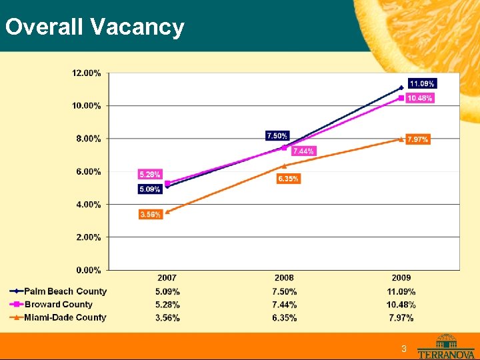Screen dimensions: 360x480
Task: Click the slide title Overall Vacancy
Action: [94, 27]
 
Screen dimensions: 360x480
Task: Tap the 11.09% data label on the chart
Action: [422, 84]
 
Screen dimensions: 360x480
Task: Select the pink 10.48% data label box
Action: [419, 99]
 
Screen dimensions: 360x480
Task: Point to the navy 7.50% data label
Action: [277, 136]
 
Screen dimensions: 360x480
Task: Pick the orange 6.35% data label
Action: [288, 179]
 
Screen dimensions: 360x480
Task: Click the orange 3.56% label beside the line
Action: [150, 214]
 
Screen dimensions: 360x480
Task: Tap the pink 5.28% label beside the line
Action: [149, 174]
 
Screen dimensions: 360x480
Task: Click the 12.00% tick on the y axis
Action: [87, 73]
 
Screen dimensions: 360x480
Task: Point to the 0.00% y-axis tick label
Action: [88, 270]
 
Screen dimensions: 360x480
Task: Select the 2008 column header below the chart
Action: [284, 278]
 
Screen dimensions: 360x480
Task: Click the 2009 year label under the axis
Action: [401, 278]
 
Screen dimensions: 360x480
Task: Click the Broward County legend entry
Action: [59, 305]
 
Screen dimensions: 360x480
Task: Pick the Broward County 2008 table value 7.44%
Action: [284, 305]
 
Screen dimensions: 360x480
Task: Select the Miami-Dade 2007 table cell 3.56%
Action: [167, 318]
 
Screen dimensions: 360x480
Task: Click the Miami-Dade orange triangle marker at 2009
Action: [401, 139]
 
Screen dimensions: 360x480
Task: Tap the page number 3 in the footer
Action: [403, 350]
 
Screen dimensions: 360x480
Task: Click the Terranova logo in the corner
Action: [446, 346]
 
